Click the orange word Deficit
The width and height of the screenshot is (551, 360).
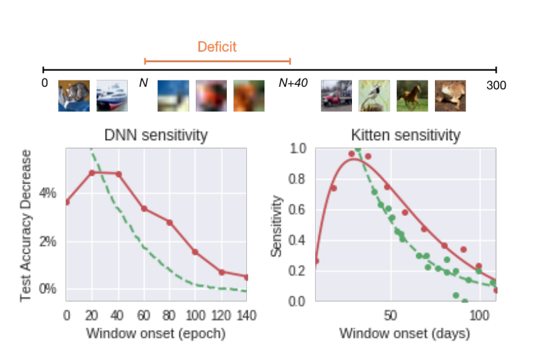coord(217,47)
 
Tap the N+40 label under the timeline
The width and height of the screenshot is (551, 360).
coord(293,84)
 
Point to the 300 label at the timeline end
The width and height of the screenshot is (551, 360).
coord(496,85)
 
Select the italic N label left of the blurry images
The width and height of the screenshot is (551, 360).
coord(143,84)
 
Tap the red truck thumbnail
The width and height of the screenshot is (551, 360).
coord(336,95)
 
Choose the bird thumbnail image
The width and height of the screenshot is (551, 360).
coord(374,95)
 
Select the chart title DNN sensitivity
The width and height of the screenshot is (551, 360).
coord(156,136)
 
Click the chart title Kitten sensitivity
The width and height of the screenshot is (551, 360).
coord(405,136)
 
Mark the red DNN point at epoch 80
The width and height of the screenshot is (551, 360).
coord(169,222)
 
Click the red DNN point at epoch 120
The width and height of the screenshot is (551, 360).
coord(221,272)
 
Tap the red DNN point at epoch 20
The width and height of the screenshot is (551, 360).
coord(92,173)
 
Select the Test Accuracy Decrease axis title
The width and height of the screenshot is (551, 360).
coord(26,226)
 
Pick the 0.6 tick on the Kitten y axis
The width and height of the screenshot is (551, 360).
coord(298,210)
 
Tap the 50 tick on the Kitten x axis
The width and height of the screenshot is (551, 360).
coord(390,315)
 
